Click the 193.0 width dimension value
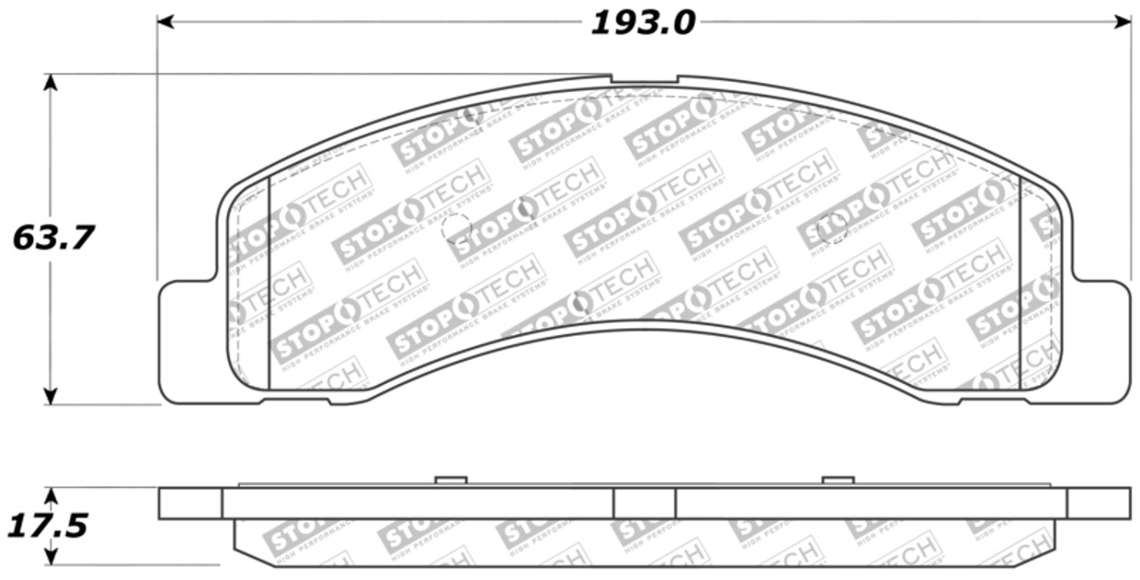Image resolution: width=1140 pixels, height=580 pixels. pyautogui.click(x=642, y=23)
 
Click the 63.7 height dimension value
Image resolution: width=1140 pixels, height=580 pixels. pyautogui.click(x=53, y=238)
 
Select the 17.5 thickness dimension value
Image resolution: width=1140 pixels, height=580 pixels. pyautogui.click(x=47, y=526)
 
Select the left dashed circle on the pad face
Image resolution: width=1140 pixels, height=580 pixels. pyautogui.click(x=456, y=228)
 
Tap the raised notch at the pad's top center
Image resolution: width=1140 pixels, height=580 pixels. pyautogui.click(x=644, y=80)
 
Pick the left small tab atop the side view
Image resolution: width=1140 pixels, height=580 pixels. pyautogui.click(x=451, y=480)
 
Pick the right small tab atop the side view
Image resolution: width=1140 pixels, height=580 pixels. pyautogui.click(x=837, y=480)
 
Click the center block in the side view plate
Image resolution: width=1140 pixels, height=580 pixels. pyautogui.click(x=644, y=503)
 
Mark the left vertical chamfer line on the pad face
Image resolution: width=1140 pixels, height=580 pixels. pyautogui.click(x=268, y=283)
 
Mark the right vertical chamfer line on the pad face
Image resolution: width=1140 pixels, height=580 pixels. pyautogui.click(x=1020, y=283)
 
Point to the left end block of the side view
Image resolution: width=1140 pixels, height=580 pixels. pyautogui.click(x=190, y=503)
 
